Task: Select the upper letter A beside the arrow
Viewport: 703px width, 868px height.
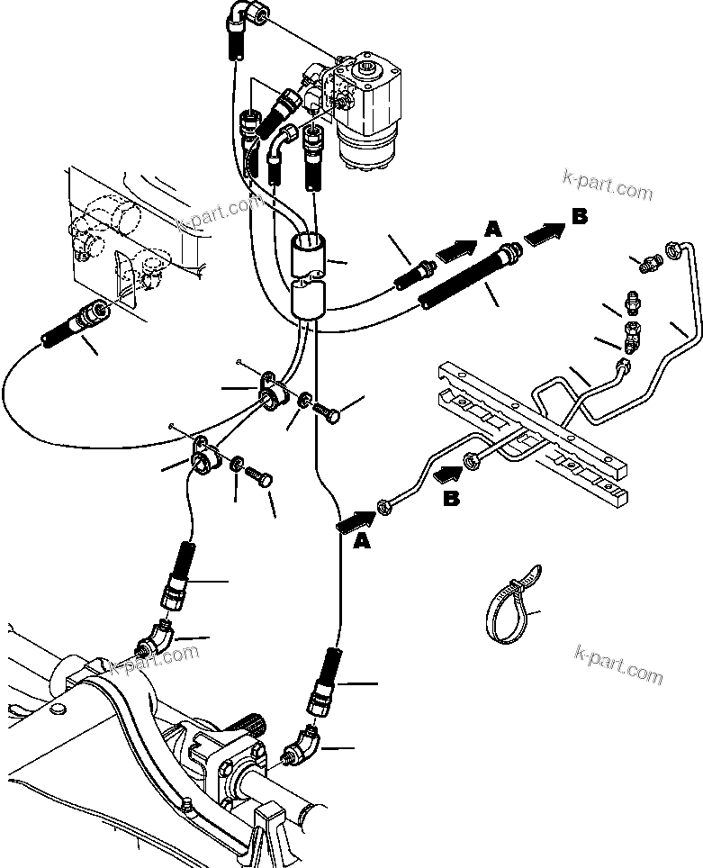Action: click(491, 230)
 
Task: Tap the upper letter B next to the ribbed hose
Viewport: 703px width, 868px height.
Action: click(580, 216)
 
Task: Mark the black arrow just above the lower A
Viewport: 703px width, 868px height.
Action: click(356, 519)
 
